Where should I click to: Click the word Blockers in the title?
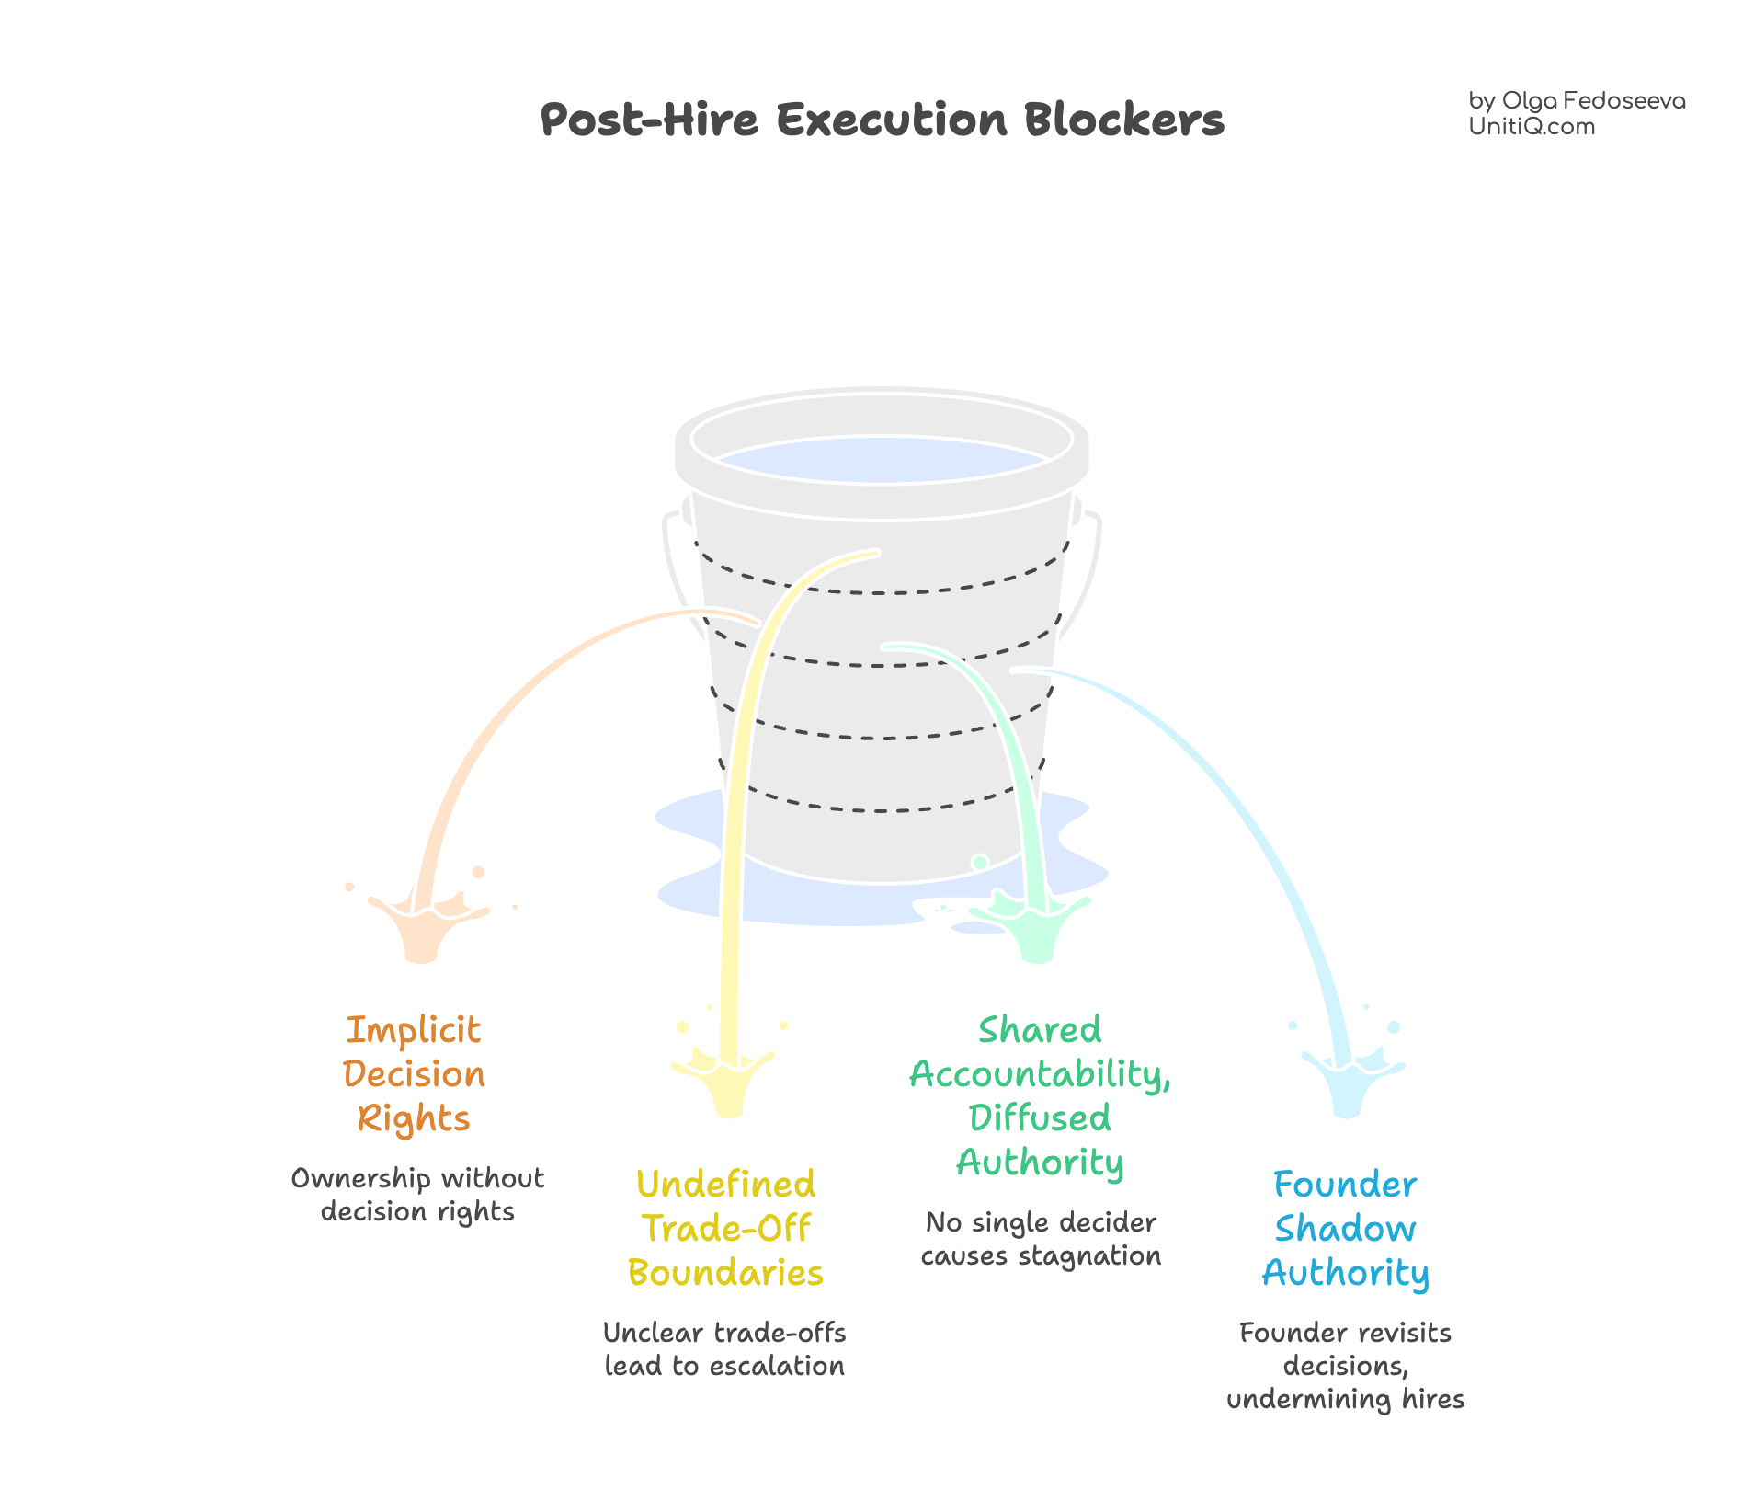1124,120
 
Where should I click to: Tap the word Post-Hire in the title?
649,120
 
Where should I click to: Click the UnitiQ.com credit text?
1531,127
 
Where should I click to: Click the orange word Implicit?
413,1031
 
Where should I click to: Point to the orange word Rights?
413,1119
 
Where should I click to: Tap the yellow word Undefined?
725,1185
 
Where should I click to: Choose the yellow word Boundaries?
725,1273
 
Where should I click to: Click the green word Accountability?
1038,1074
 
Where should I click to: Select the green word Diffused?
1040,1118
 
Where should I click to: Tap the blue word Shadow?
1345,1229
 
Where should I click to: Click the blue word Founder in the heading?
1345,1185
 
